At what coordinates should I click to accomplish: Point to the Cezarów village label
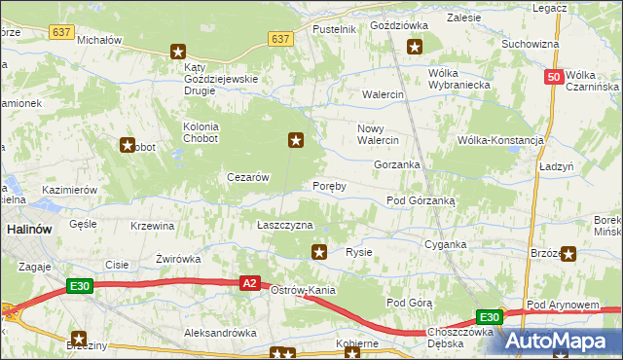coord(247,177)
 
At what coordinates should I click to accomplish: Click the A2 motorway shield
coord(249,282)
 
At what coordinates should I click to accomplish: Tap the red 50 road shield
coord(553,77)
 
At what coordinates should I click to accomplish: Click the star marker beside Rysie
coord(318,253)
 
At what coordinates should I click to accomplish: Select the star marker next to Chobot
coord(127,146)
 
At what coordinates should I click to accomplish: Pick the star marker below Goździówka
coord(415,46)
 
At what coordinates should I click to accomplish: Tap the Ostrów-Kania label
coord(303,291)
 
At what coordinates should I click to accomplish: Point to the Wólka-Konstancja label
coord(499,140)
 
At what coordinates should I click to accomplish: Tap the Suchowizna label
coord(530,44)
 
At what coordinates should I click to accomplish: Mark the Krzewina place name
coord(152,226)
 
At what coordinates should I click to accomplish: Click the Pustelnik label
coord(334,30)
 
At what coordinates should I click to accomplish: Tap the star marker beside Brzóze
coord(568,254)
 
